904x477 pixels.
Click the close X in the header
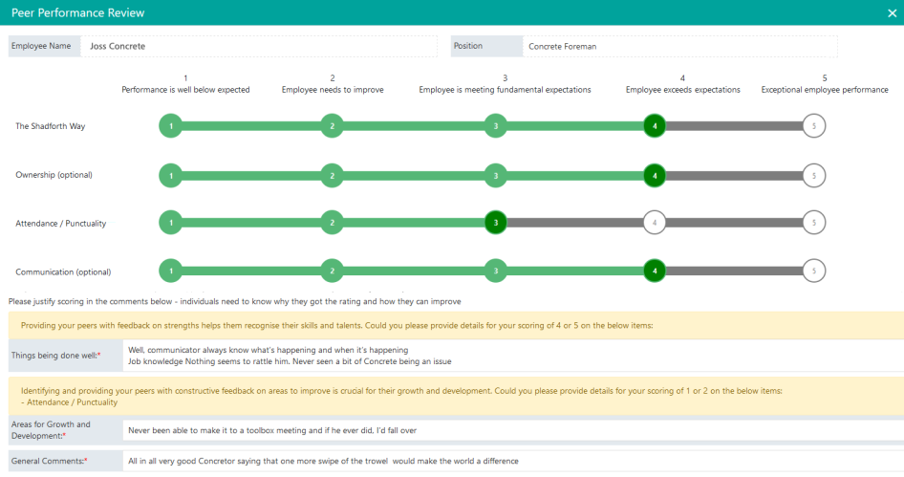pyautogui.click(x=892, y=12)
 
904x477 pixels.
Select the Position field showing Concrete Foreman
pyautogui.click(x=679, y=46)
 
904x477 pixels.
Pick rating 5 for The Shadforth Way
pyautogui.click(x=813, y=126)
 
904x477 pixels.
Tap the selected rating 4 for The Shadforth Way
pyautogui.click(x=655, y=126)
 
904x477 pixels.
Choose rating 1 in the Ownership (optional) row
pyautogui.click(x=170, y=175)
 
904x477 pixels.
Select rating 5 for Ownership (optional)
pyautogui.click(x=813, y=175)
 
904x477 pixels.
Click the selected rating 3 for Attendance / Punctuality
pyautogui.click(x=495, y=223)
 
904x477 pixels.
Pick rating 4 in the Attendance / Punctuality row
pyautogui.click(x=655, y=223)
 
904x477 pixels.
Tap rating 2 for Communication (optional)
pyautogui.click(x=332, y=271)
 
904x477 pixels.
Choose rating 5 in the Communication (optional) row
pyautogui.click(x=813, y=271)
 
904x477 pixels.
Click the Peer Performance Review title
pyautogui.click(x=78, y=12)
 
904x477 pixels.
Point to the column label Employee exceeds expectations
pyautogui.click(x=682, y=90)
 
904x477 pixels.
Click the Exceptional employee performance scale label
pyautogui.click(x=824, y=90)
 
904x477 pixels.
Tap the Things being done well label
pyautogui.click(x=55, y=356)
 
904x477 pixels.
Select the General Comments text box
pyautogui.click(x=512, y=461)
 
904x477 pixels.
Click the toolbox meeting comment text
pyautogui.click(x=272, y=430)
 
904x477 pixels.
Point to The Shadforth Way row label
pyautogui.click(x=51, y=126)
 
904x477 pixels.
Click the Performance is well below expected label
pyautogui.click(x=185, y=90)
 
